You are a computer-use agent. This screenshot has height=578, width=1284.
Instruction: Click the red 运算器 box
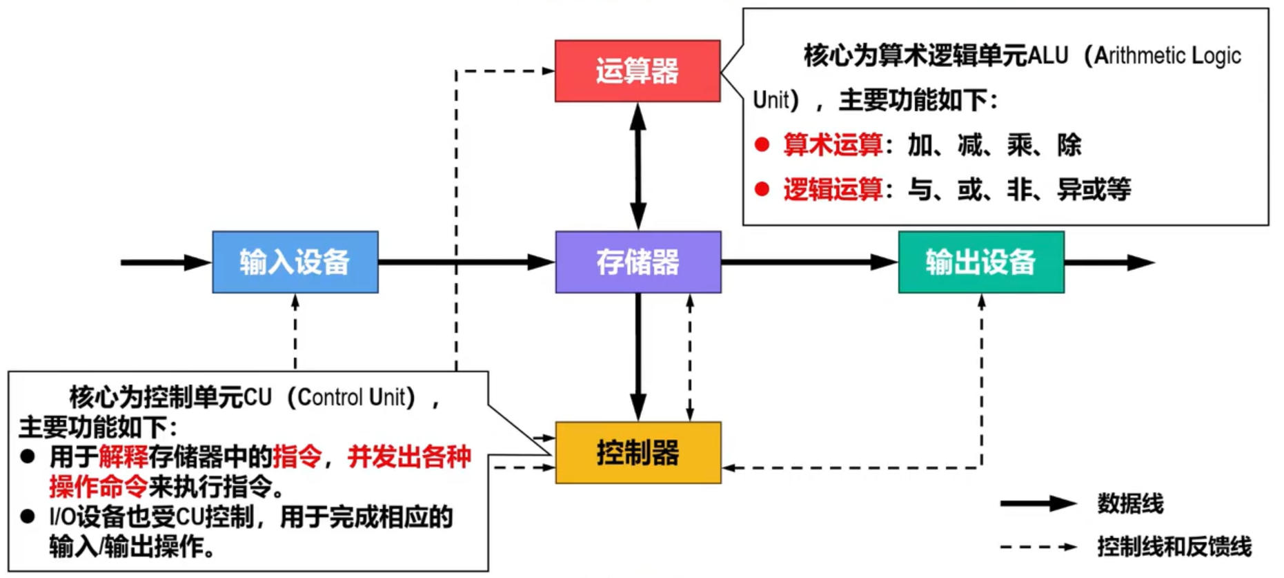coord(637,71)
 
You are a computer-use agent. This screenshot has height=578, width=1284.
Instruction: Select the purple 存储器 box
coord(638,262)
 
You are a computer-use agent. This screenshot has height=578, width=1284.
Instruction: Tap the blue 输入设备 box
coord(295,262)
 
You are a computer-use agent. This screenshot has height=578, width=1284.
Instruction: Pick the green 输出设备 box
coord(980,262)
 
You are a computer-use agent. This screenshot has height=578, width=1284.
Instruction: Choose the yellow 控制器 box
coord(638,453)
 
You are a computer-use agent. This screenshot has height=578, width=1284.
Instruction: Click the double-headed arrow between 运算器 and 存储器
coord(638,166)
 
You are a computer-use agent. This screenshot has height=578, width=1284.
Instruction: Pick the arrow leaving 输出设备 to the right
coord(1108,262)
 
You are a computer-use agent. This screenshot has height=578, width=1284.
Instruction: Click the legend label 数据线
coord(1129,504)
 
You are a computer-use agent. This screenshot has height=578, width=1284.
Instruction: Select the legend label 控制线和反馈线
coord(1174,547)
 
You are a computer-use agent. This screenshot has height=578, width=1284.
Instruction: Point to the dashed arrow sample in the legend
coord(1038,547)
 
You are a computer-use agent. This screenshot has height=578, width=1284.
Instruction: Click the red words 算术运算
coord(832,145)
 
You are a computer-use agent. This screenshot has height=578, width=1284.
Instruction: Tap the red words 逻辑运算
coord(832,189)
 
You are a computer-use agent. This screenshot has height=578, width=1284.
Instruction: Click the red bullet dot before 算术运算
coord(762,144)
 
